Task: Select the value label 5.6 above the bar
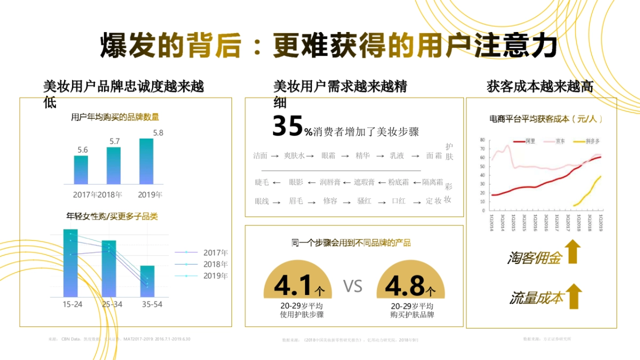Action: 83,150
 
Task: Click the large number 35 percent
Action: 287,126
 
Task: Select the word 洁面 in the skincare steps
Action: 260,156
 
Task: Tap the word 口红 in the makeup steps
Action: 398,201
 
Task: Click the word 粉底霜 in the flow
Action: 398,182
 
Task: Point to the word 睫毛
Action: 262,182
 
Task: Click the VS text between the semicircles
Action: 353,286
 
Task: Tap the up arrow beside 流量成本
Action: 573,296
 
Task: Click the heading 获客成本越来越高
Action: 540,87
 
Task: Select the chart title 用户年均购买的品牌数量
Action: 115,117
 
